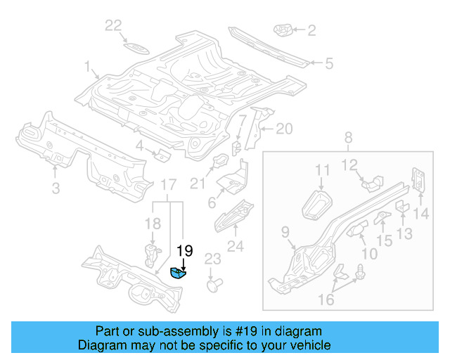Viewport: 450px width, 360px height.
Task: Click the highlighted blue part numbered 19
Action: tap(179, 274)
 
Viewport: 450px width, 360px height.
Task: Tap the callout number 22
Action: tap(113, 26)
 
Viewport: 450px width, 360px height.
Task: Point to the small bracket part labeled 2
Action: tap(284, 31)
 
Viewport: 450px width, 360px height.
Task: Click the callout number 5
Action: tap(328, 63)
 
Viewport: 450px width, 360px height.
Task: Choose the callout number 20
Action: tap(283, 128)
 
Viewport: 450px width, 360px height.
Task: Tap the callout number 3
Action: tap(56, 187)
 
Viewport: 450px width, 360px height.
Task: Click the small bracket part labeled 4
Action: tap(160, 154)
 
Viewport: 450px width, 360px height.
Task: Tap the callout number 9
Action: tap(285, 231)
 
